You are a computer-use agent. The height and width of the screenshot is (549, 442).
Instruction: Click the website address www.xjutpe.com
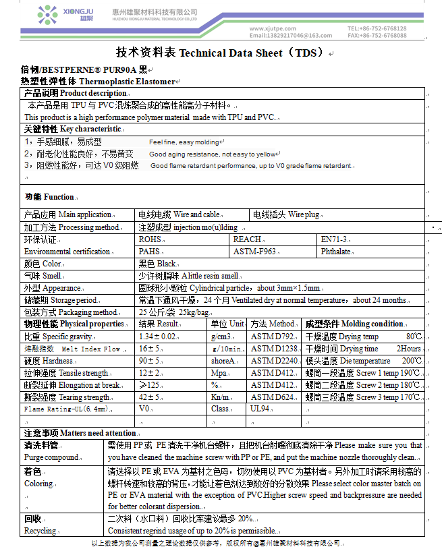tap(274, 28)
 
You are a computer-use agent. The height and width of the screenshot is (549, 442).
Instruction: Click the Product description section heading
tap(74, 93)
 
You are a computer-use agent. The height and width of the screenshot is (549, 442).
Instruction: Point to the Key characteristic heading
tap(72, 129)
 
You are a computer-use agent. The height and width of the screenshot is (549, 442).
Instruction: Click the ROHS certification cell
tap(150, 239)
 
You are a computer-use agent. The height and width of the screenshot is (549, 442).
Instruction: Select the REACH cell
tap(247, 239)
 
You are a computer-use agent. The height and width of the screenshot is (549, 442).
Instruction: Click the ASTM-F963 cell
tap(255, 252)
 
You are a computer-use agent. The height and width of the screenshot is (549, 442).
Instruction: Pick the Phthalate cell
tap(336, 252)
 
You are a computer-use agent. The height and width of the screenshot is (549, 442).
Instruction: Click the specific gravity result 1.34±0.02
tap(158, 336)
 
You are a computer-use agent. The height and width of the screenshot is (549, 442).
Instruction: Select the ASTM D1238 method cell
tap(274, 349)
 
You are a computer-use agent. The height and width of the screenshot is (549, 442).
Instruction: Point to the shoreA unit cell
tap(223, 361)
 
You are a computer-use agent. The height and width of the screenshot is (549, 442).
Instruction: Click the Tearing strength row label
tap(66, 397)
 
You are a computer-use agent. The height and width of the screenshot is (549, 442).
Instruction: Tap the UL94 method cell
tap(260, 409)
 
